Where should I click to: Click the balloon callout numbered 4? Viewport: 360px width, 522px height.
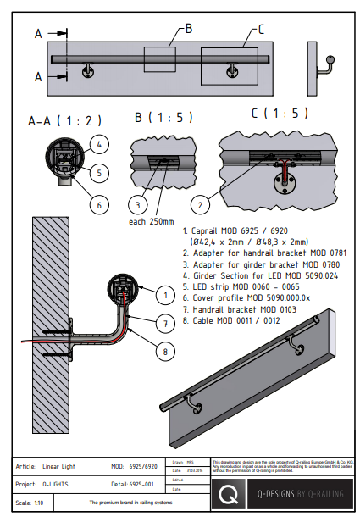click(x=98, y=143)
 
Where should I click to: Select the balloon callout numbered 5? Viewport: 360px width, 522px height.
click(x=98, y=173)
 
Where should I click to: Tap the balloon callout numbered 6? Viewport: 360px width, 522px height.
click(x=98, y=204)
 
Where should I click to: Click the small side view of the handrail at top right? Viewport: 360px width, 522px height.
click(x=325, y=68)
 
